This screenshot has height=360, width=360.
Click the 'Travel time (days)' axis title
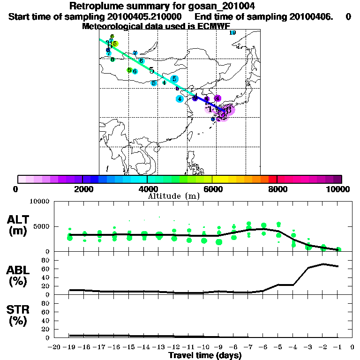(x=205, y=355)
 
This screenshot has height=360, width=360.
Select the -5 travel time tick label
(x=278, y=347)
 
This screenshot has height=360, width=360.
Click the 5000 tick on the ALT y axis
(x=44, y=226)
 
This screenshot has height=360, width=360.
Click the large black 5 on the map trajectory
(x=151, y=70)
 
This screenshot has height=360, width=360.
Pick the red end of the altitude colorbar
(x=272, y=179)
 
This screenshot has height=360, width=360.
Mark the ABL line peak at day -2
(x=323, y=264)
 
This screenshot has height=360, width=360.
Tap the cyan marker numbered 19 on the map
(x=232, y=33)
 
